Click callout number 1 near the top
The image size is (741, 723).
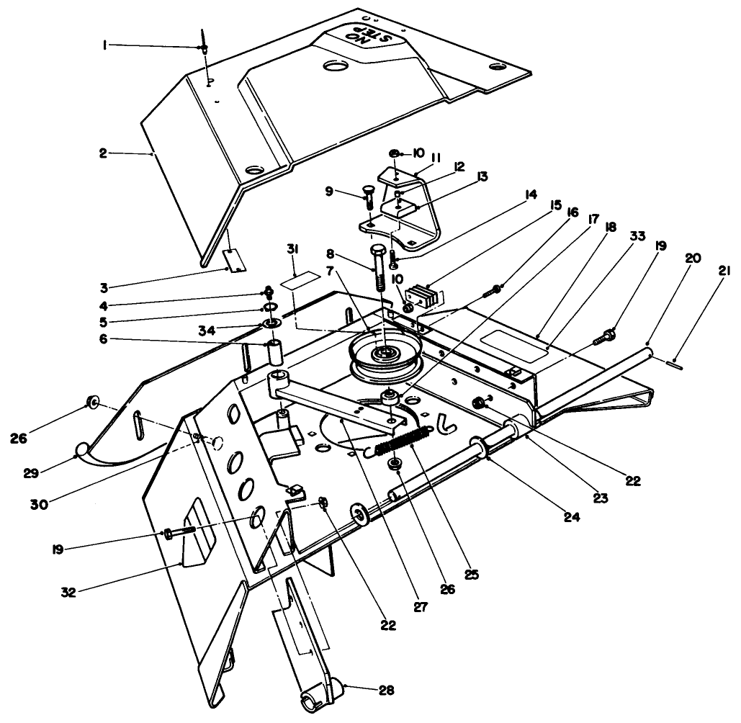pos(105,45)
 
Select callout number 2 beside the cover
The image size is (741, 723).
pos(103,153)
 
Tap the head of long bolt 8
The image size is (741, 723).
pos(381,253)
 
